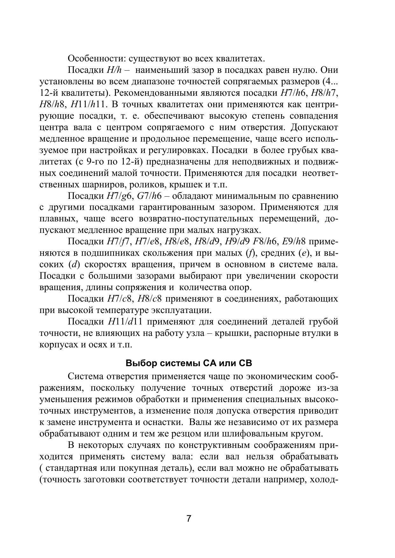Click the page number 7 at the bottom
[x=189, y=519]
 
